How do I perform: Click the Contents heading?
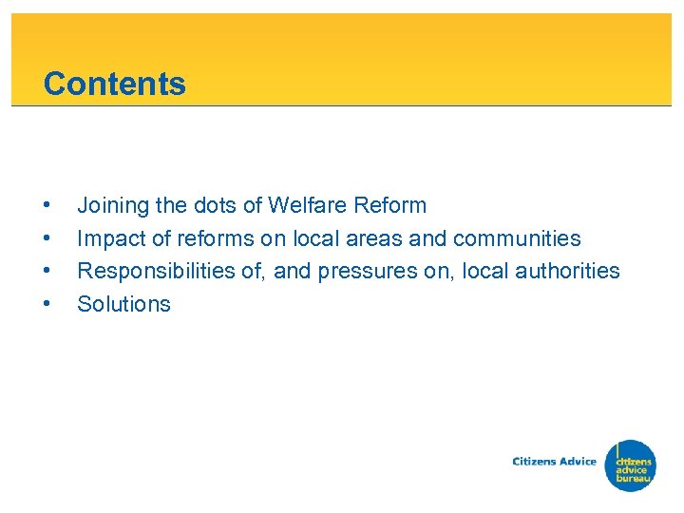point(114,84)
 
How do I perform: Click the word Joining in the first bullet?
point(107,205)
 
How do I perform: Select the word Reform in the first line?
point(391,205)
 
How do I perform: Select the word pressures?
point(364,272)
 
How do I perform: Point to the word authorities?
point(567,271)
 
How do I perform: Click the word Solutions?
point(123,304)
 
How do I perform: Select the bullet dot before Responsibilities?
point(47,272)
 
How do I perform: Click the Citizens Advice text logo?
point(554,462)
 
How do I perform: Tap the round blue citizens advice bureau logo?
point(632,465)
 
